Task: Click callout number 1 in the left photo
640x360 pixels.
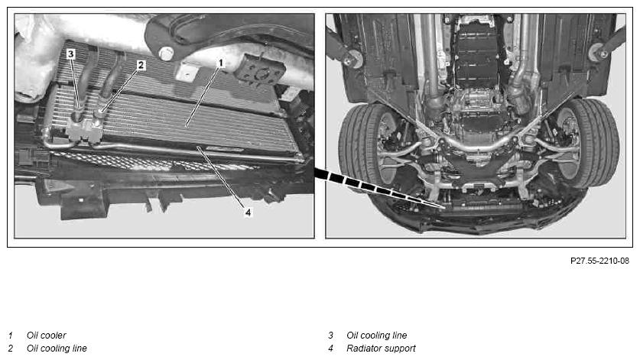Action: pos(220,63)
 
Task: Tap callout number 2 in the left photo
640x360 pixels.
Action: pos(141,65)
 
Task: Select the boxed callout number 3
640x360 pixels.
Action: pos(71,54)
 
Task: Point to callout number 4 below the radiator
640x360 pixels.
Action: pos(248,212)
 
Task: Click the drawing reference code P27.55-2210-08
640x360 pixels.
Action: pos(599,261)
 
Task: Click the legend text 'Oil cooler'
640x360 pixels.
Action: pos(46,335)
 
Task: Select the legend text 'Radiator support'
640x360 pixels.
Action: pos(381,349)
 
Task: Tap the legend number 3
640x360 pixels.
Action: pos(330,335)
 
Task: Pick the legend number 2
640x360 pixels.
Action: pos(11,349)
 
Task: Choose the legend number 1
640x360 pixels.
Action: pos(11,335)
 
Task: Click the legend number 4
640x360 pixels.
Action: pos(330,349)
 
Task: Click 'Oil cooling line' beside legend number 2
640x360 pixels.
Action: pos(57,349)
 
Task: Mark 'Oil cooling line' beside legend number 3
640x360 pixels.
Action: pos(377,335)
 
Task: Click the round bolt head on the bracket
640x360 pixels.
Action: pos(166,54)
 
